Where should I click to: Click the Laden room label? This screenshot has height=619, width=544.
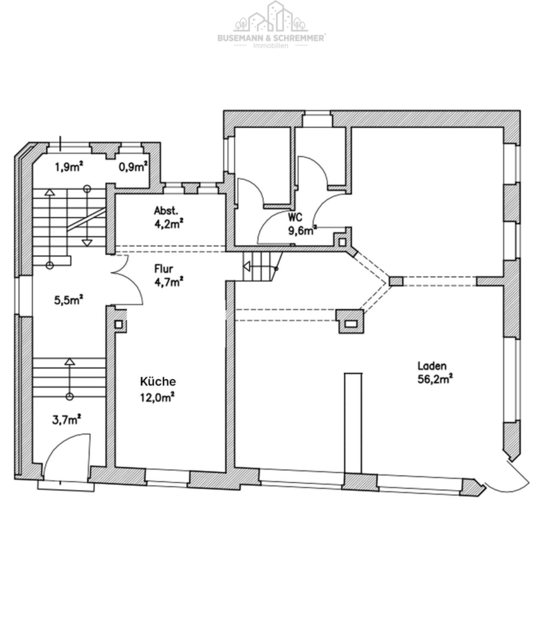432,366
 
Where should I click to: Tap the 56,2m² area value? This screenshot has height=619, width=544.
435,380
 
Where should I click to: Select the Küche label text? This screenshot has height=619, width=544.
158,381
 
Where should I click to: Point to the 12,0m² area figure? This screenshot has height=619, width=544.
157,397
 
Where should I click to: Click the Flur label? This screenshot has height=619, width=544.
164,269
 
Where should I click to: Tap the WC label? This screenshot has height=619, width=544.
295,217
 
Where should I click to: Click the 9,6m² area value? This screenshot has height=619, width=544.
303,230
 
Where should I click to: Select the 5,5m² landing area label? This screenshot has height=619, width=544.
68,300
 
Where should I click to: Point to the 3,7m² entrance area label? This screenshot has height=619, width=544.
67,420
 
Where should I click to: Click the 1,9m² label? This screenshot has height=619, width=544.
69,167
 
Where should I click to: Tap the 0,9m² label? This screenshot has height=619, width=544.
133,167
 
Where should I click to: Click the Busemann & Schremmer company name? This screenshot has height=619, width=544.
271,38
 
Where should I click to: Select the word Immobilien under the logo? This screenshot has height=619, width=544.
271,46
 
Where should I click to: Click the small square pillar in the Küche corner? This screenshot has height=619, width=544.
118,325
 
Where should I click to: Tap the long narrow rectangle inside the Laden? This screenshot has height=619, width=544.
353,423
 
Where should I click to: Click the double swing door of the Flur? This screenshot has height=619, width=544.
127,279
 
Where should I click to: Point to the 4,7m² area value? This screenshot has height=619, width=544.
169,282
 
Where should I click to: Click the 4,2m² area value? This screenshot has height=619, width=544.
168,224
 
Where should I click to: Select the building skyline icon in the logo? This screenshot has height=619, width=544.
271,17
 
